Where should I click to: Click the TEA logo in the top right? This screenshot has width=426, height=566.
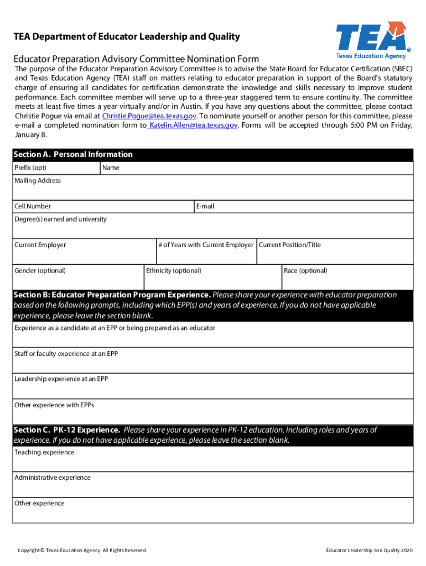372,40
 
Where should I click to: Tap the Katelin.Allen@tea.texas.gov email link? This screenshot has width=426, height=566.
193,125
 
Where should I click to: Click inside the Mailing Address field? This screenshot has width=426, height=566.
212,190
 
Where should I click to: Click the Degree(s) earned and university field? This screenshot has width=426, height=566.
212,228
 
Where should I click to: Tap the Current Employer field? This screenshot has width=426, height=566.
84,253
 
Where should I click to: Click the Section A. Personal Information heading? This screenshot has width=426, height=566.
74,155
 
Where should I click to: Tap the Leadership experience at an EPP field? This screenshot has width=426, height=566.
212,387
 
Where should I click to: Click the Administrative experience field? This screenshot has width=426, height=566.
212,486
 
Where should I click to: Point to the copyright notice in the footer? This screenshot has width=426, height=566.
82,551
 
